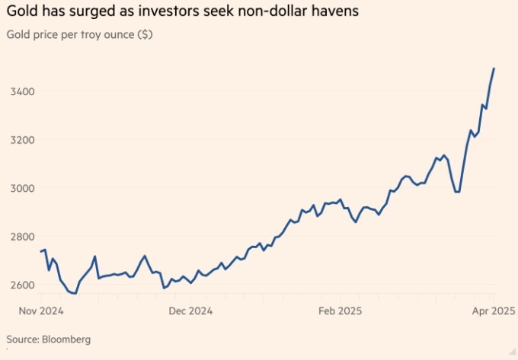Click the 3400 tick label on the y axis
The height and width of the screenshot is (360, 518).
(x=21, y=91)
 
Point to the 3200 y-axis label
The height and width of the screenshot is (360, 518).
(x=21, y=140)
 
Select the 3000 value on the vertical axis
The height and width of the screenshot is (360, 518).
(x=21, y=188)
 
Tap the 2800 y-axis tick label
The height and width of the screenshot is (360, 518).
(x=21, y=237)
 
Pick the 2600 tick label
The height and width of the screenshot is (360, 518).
(x=21, y=285)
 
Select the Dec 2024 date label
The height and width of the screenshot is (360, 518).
(x=190, y=311)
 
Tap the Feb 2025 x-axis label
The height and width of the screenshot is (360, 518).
(x=340, y=311)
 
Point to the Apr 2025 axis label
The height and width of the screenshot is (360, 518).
(x=494, y=311)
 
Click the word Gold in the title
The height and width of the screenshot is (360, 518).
(x=22, y=13)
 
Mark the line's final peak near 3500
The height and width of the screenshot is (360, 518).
(x=494, y=68)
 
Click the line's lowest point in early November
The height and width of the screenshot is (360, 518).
(x=75, y=293)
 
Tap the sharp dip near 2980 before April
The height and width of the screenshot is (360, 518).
(x=457, y=192)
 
